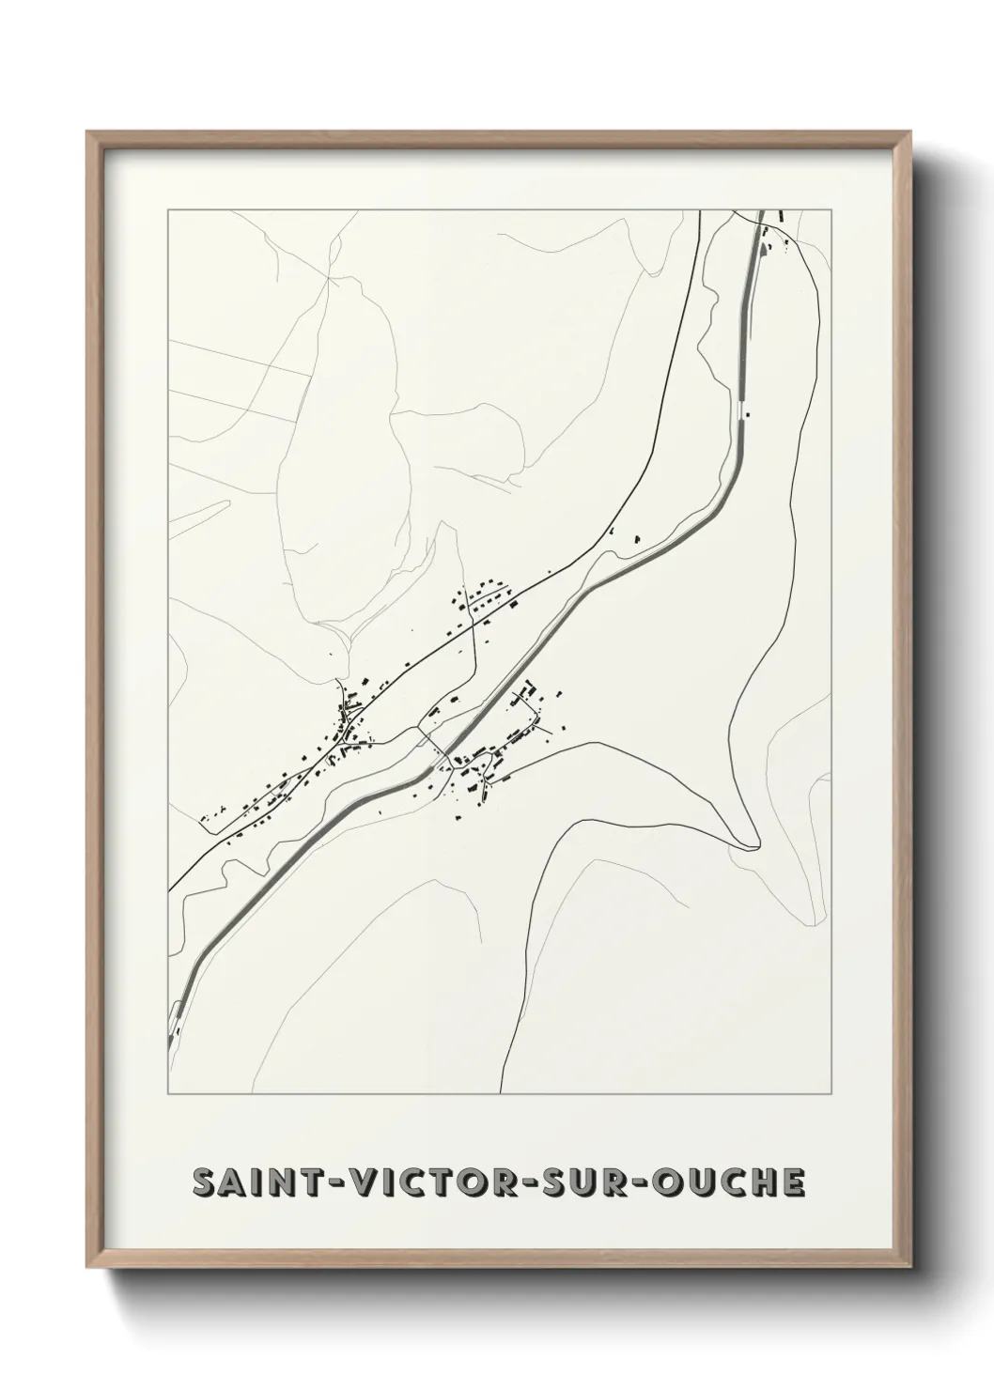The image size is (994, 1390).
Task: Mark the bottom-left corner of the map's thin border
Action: pyautogui.click(x=168, y=1094)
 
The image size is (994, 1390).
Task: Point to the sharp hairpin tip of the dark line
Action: pyautogui.click(x=752, y=847)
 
